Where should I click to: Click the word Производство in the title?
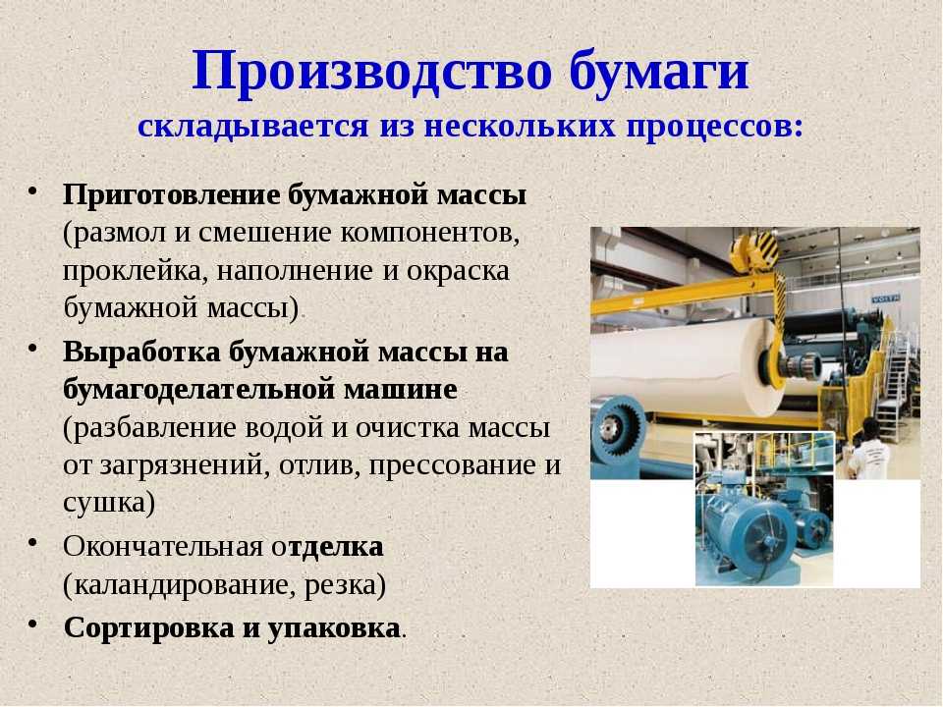tap(371, 72)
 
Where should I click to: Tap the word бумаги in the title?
tap(658, 72)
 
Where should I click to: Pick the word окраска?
tap(458, 271)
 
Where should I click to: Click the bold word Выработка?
tap(141, 352)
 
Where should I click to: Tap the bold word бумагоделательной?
tap(198, 390)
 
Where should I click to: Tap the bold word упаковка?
tap(334, 628)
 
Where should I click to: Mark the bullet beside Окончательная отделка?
tap(33, 542)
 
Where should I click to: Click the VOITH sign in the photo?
tap(886, 298)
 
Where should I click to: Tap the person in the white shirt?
tap(868, 450)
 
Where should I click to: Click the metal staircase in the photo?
tap(893, 380)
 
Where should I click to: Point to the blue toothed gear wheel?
tap(618, 427)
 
